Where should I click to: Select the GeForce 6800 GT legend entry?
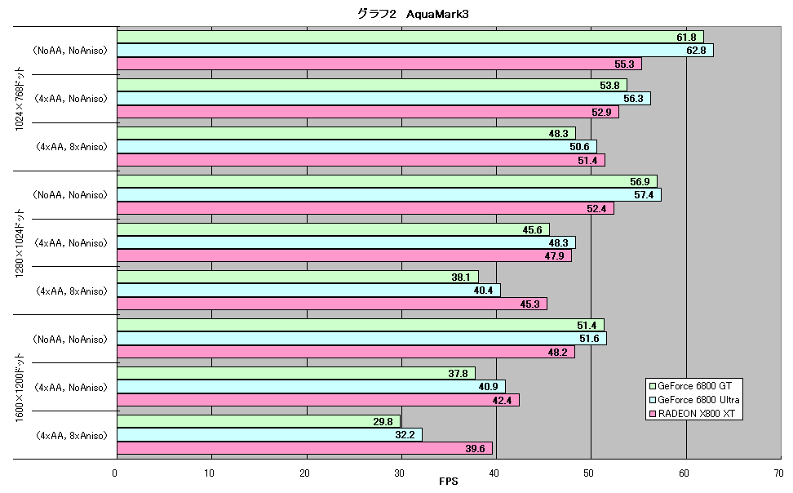click(x=690, y=386)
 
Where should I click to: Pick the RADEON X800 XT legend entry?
click(x=692, y=414)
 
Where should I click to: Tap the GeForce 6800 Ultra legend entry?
click(x=693, y=400)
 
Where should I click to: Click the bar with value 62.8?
click(x=415, y=51)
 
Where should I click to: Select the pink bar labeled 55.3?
click(x=379, y=64)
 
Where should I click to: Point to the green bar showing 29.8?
click(x=259, y=422)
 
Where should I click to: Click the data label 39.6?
click(x=475, y=449)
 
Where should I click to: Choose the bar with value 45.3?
click(x=332, y=304)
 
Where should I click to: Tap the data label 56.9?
click(x=640, y=182)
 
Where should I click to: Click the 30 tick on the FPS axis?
click(x=400, y=473)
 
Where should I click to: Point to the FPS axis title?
click(x=449, y=482)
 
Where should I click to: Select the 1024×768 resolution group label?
click(x=20, y=99)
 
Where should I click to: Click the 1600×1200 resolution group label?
click(x=20, y=388)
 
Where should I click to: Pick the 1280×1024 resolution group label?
click(x=20, y=243)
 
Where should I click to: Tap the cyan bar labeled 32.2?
click(x=269, y=435)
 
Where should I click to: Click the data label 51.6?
click(x=589, y=339)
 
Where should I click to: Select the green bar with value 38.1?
click(x=297, y=278)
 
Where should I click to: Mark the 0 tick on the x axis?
click(x=115, y=473)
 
